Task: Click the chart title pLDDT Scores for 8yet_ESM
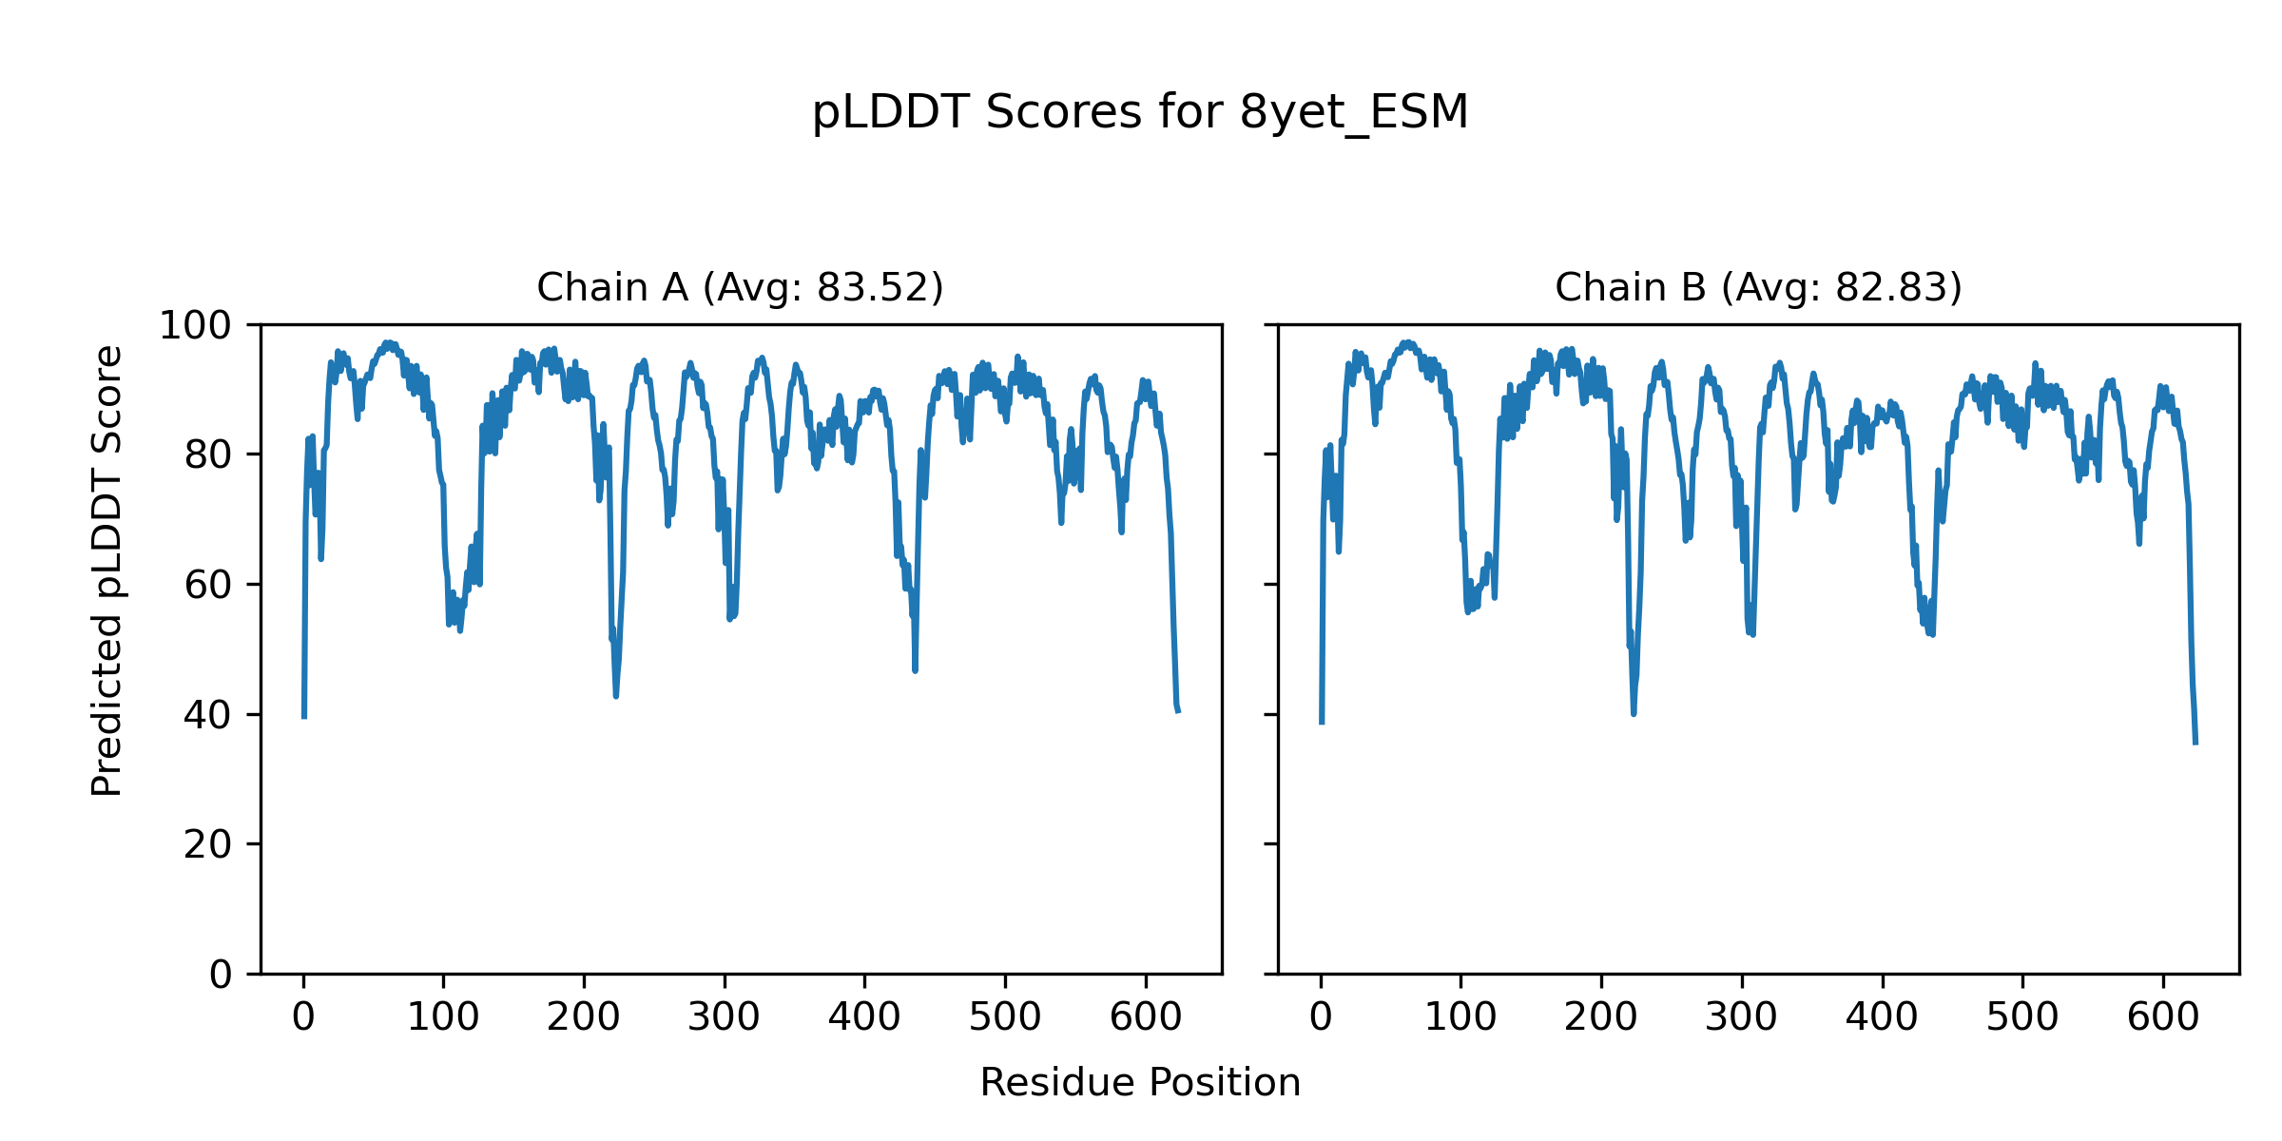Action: tap(1140, 113)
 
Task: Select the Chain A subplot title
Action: tap(740, 287)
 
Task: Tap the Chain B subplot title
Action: tap(1758, 287)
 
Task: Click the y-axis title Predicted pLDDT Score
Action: tap(106, 570)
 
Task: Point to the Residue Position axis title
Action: tap(1140, 1083)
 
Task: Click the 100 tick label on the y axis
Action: tap(195, 326)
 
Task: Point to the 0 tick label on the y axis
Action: tap(221, 975)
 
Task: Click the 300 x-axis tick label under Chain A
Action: tap(725, 1018)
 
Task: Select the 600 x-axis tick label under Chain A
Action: tap(1146, 1018)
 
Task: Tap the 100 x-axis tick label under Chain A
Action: tap(443, 1018)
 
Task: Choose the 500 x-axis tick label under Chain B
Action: tap(2022, 1018)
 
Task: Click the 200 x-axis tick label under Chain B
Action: tap(1601, 1018)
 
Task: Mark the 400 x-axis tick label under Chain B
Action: tap(1882, 1018)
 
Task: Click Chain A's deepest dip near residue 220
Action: tap(616, 696)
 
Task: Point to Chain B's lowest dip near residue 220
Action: tap(1634, 713)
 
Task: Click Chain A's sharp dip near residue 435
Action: tap(915, 670)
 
